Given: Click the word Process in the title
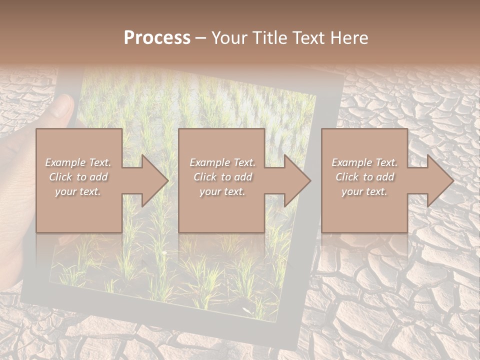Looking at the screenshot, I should click(157, 38).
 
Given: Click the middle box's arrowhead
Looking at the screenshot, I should click(297, 180).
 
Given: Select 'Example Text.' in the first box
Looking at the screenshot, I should click(78, 162).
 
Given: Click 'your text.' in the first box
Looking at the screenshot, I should click(78, 191).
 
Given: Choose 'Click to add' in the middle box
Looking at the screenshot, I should click(222, 177).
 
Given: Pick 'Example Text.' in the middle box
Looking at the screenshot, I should click(222, 162).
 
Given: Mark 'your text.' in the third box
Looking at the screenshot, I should click(364, 191).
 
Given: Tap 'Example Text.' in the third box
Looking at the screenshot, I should click(364, 162).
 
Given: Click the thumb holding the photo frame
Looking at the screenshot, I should click(62, 107).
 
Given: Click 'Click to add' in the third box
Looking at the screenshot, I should click(364, 177).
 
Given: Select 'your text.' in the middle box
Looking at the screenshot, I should click(222, 191).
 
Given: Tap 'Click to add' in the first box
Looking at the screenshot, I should click(78, 177).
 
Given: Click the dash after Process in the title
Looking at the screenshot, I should click(200, 38).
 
